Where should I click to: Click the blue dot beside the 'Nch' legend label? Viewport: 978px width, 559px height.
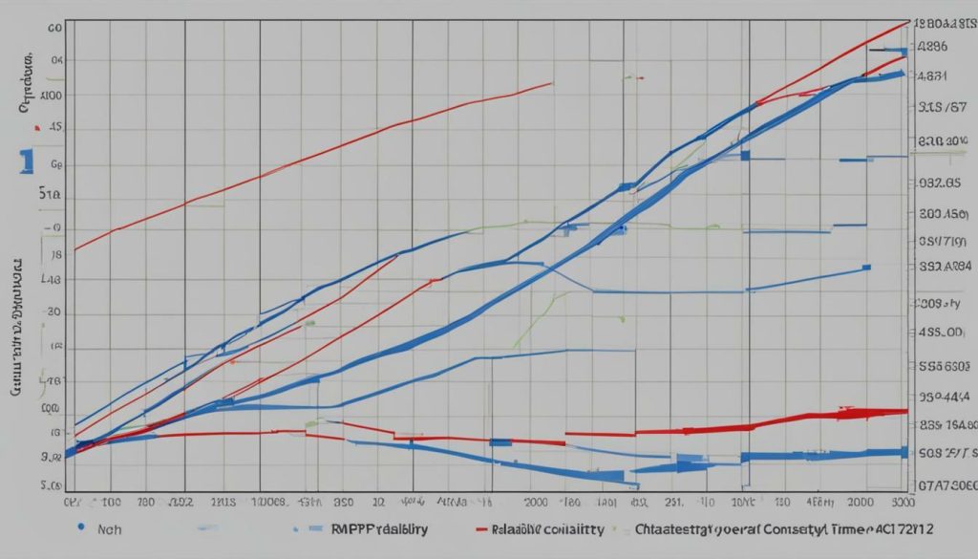click(x=82, y=527)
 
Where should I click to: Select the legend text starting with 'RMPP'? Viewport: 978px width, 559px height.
click(x=378, y=527)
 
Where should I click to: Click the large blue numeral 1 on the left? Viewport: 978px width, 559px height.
click(x=27, y=161)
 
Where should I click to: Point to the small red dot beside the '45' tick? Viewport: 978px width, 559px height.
click(x=36, y=126)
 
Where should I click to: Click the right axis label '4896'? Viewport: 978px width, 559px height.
click(x=932, y=45)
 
